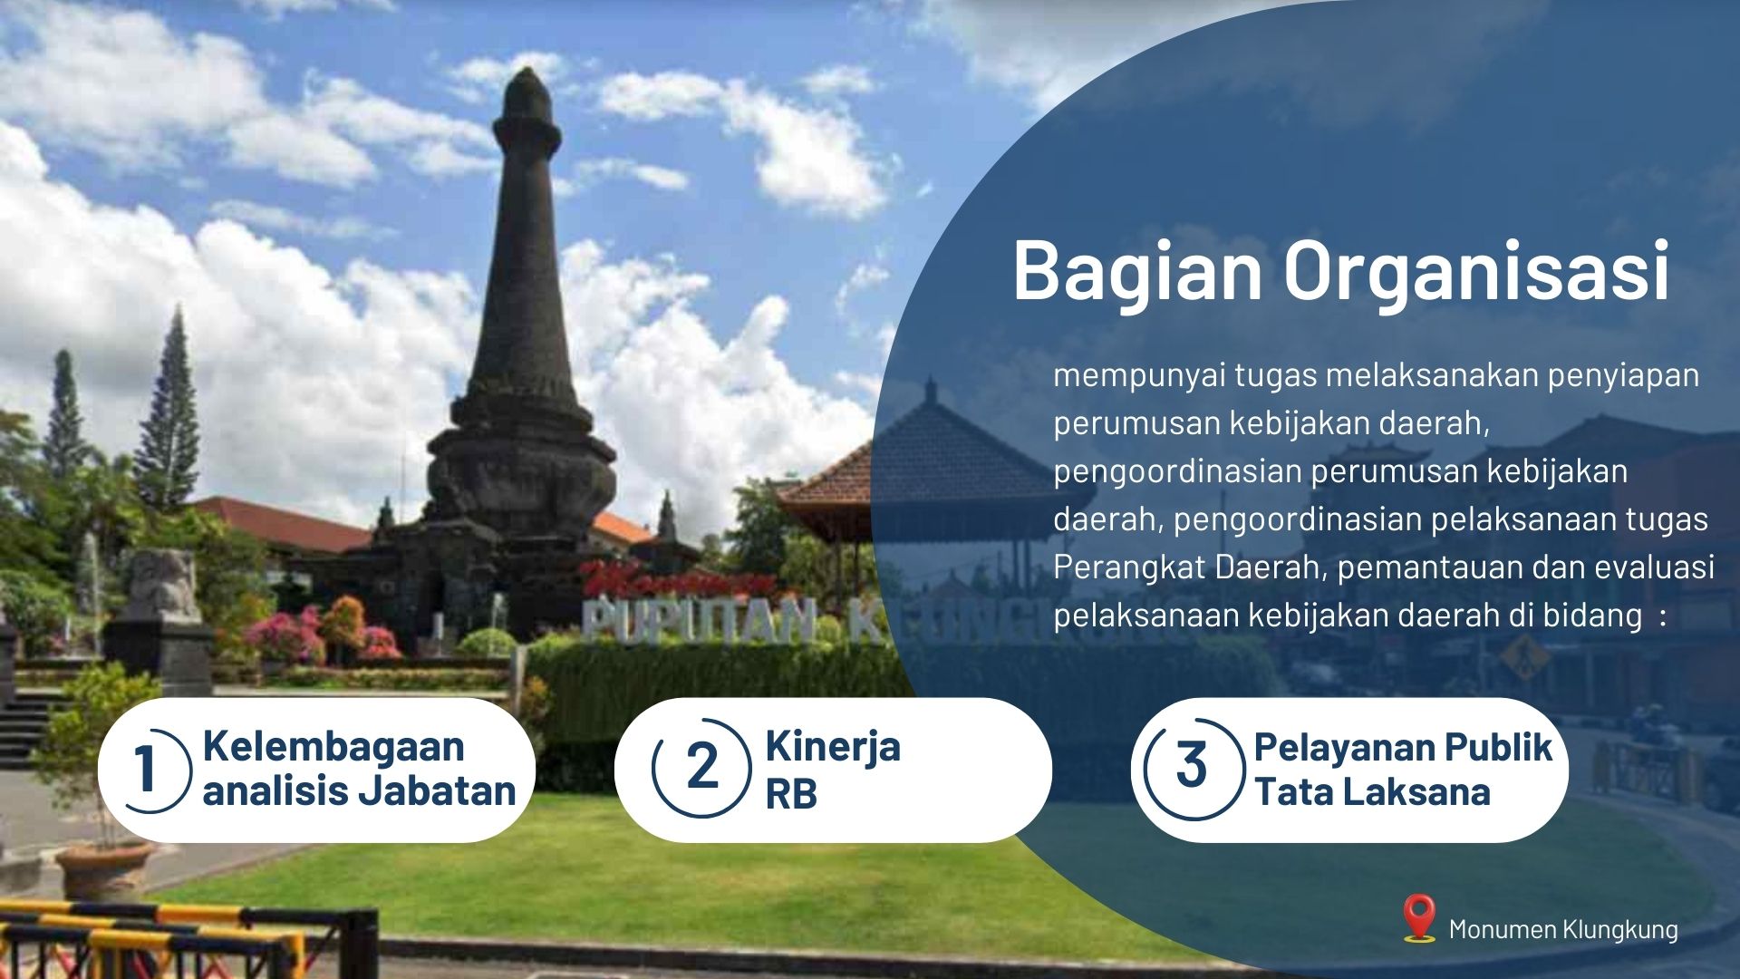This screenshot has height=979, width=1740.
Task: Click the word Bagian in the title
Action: (x=1137, y=270)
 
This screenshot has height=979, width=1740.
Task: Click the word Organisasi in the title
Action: (x=1476, y=270)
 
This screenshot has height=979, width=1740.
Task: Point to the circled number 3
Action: (x=1192, y=767)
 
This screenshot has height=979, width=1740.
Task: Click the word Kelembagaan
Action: (x=333, y=746)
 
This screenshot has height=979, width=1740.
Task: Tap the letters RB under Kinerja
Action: (x=791, y=794)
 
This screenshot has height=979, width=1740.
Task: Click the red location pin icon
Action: (x=1418, y=918)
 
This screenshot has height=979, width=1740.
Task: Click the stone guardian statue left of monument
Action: (x=163, y=586)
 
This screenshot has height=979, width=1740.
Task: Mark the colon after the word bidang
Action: (x=1661, y=618)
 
